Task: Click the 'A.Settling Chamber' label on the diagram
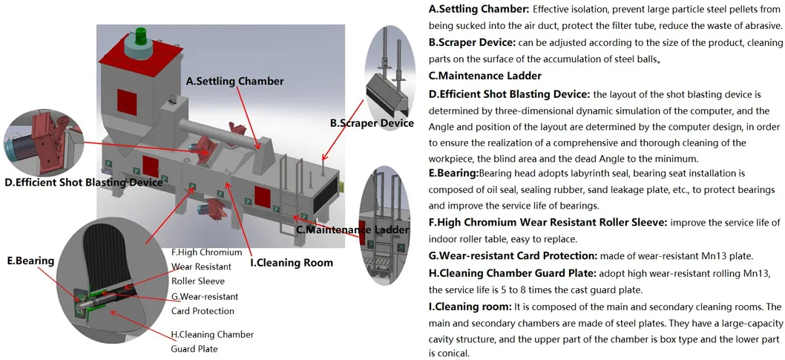click(234, 81)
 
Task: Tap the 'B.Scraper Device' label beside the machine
click(372, 122)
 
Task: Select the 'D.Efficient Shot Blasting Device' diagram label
click(83, 182)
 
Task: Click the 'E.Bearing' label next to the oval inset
click(30, 261)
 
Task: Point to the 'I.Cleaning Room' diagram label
click(291, 262)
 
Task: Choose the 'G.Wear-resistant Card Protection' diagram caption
click(203, 304)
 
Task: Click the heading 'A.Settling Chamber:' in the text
click(479, 10)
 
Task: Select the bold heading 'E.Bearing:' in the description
click(454, 173)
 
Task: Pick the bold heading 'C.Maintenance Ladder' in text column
click(485, 76)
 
